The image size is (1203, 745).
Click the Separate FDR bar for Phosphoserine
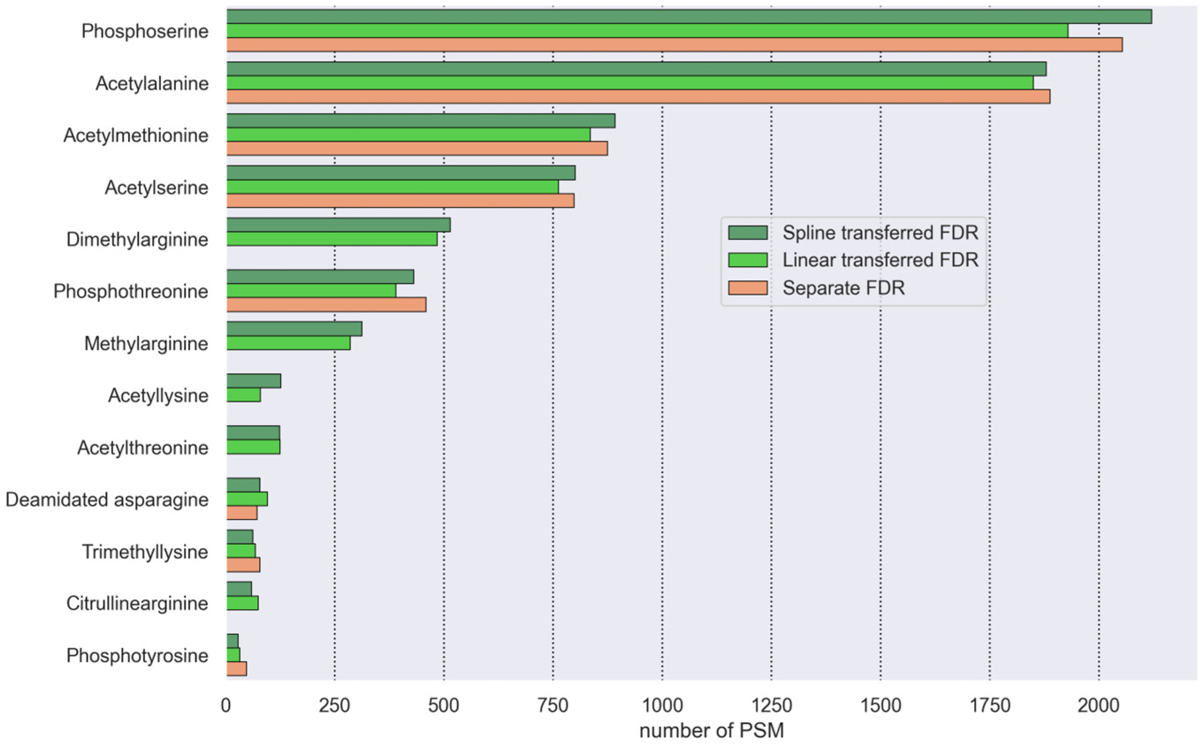(x=674, y=45)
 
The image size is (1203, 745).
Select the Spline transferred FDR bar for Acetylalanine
(x=636, y=69)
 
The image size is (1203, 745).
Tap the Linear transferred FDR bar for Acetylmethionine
(x=408, y=134)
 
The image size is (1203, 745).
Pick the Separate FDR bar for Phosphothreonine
(x=326, y=305)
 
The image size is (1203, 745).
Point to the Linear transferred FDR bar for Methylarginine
(x=288, y=343)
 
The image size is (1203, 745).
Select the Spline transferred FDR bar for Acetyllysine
(x=253, y=381)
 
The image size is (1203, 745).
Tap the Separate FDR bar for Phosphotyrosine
(x=236, y=669)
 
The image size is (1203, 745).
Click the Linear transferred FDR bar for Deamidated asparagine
(x=247, y=499)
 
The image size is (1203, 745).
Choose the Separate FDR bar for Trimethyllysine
(x=243, y=565)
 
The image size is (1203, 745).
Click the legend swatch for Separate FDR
(x=747, y=288)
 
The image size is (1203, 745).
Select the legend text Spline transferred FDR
(x=880, y=232)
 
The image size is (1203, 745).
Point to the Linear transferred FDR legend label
(x=880, y=260)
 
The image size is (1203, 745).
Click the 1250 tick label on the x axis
(x=771, y=706)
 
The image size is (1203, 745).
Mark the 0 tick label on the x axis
(x=226, y=706)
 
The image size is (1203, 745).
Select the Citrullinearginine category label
(x=137, y=604)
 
